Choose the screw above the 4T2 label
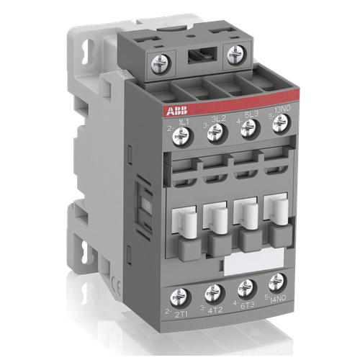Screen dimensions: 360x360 (213, 292)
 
